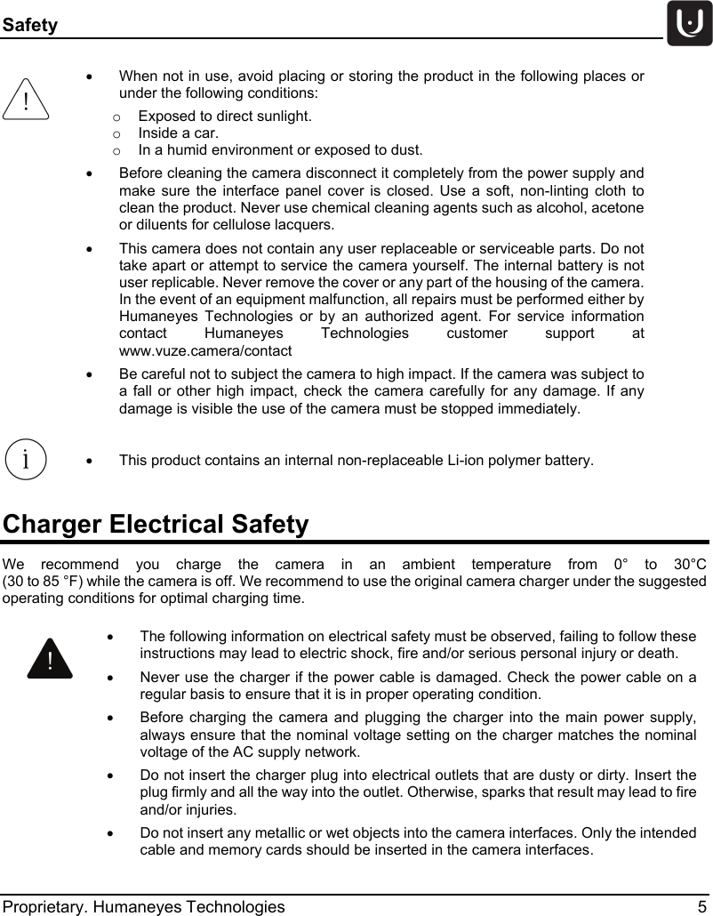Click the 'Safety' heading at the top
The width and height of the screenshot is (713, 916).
pyautogui.click(x=29, y=25)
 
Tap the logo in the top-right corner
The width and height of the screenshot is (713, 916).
pyautogui.click(x=689, y=24)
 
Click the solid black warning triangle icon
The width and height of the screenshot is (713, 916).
pyautogui.click(x=49, y=659)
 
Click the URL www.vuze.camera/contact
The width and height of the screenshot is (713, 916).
pyautogui.click(x=204, y=350)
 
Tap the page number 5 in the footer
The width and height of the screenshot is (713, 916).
pyautogui.click(x=702, y=906)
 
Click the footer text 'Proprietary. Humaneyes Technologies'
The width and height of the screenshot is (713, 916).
pyautogui.click(x=144, y=906)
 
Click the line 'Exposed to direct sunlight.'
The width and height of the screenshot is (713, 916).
pyautogui.click(x=225, y=116)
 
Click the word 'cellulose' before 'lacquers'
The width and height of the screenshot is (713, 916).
pyautogui.click(x=223, y=223)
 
